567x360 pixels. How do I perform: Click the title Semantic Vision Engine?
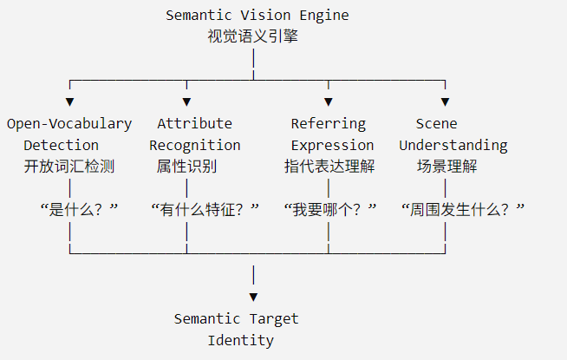tap(257, 16)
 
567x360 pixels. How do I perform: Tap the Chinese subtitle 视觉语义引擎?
tap(253, 36)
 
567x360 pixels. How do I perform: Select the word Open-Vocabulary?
tap(69, 124)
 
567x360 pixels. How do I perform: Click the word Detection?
tap(61, 146)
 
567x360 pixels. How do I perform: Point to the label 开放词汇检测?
tap(69, 167)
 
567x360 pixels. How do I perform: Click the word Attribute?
tap(194, 124)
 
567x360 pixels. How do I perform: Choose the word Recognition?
tap(195, 146)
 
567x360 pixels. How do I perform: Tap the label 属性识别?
tap(186, 167)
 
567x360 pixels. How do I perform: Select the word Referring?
tap(329, 124)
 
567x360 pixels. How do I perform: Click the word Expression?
tap(332, 146)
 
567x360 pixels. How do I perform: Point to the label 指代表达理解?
tap(329, 167)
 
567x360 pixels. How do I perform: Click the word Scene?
tap(436, 124)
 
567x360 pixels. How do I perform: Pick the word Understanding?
tap(453, 146)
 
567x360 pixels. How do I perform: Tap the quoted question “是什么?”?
tap(79, 209)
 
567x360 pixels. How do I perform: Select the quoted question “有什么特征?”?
tap(205, 209)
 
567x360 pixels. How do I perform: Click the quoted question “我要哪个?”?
tap(330, 209)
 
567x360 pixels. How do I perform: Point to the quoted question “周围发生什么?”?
tap(463, 209)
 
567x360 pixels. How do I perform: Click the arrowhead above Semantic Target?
tap(253, 297)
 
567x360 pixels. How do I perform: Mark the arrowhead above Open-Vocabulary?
tap(69, 102)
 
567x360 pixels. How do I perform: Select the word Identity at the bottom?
tap(240, 341)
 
